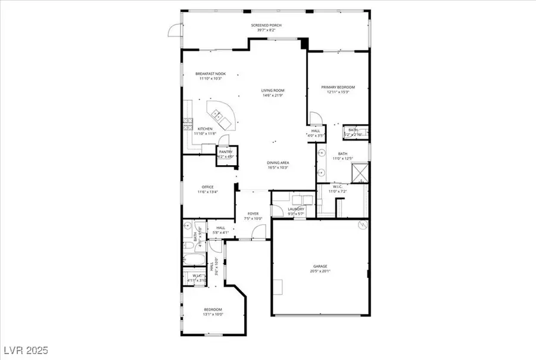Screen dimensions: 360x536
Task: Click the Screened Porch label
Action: tap(267, 25)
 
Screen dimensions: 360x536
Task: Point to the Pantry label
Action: tap(226, 152)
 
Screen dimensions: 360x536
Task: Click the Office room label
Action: tap(207, 187)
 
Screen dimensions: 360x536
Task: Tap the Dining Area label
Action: tap(277, 163)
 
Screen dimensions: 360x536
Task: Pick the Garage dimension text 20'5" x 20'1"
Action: tap(320, 271)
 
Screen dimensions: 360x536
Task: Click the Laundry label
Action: tap(297, 209)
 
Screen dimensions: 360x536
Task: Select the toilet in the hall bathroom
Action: tap(187, 226)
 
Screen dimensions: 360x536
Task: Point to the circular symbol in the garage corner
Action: tap(361, 225)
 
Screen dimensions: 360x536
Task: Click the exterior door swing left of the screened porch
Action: tap(174, 31)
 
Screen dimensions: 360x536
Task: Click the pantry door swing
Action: tap(223, 140)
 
